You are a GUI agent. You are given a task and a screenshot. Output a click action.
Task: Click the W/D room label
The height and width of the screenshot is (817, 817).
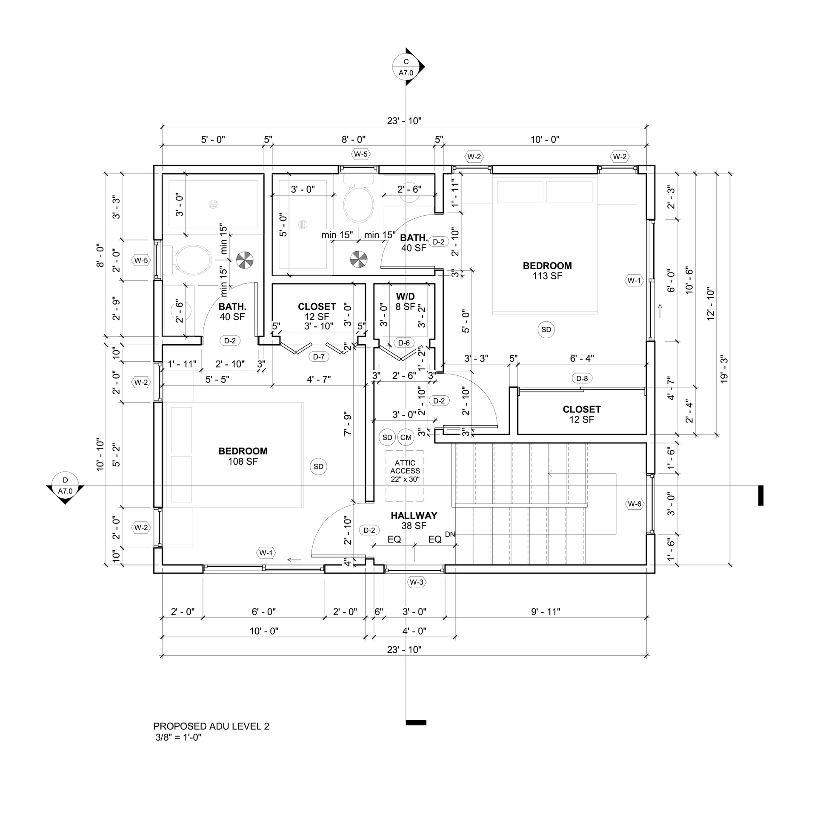pos(405,296)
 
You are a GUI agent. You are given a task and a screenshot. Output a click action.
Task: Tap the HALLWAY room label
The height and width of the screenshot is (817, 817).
pos(414,515)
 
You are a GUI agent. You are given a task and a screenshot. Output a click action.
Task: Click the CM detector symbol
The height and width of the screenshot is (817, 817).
pos(406,437)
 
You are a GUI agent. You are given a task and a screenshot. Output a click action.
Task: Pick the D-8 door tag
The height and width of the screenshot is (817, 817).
pos(582,378)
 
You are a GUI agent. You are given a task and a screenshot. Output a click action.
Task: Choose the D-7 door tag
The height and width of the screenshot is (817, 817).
pos(319,357)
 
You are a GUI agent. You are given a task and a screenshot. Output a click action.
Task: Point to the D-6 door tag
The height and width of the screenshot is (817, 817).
pos(404,343)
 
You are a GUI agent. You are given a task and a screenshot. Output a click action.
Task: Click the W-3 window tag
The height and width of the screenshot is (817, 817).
pos(417,582)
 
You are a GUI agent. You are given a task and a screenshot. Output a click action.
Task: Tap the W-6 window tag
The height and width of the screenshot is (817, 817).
pos(634,504)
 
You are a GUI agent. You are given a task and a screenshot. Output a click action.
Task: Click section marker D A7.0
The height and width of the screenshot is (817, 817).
pos(65,488)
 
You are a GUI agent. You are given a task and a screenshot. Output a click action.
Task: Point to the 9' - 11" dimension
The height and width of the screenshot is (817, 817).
pos(546,611)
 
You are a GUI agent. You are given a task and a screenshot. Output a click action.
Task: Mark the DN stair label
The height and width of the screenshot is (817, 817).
pos(450,534)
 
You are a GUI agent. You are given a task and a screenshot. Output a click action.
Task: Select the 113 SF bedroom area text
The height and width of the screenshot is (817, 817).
pos(547,276)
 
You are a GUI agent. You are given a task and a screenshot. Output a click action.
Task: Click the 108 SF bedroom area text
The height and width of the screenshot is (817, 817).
pos(243,461)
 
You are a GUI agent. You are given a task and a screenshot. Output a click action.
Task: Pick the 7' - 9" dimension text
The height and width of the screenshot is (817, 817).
pos(348,423)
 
